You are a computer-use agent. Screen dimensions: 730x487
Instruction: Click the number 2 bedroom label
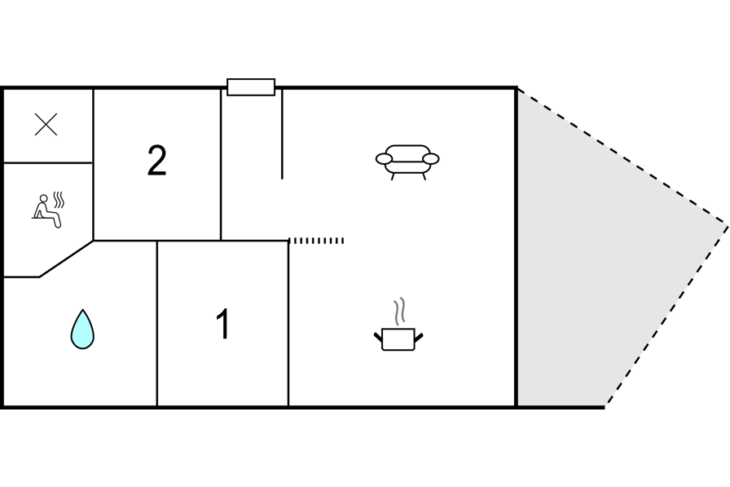tap(157, 161)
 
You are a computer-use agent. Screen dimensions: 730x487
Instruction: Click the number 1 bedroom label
tap(223, 324)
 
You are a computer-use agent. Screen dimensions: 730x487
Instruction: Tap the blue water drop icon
tap(82, 329)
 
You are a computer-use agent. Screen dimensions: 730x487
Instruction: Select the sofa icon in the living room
tap(407, 162)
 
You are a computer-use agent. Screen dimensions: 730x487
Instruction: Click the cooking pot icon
tap(398, 339)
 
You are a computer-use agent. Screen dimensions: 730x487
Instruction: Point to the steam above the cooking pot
tap(399, 312)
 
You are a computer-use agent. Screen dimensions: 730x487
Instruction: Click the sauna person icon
tap(46, 211)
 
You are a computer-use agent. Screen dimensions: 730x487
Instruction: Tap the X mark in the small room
tap(46, 125)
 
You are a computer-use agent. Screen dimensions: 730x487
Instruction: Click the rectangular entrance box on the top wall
tap(251, 87)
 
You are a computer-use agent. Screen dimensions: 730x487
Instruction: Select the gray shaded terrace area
tap(605, 242)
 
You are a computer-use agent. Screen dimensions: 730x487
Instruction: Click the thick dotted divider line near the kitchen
tap(316, 241)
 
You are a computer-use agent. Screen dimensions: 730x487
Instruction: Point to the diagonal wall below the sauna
tap(67, 259)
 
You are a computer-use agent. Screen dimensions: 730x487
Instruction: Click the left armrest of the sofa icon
tap(384, 159)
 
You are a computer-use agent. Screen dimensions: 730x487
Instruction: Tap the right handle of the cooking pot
tap(419, 337)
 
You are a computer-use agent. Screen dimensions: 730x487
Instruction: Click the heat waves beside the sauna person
tap(59, 200)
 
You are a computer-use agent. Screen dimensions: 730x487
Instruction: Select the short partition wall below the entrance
tap(282, 135)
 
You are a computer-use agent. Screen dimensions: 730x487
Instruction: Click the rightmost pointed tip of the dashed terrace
tap(728, 227)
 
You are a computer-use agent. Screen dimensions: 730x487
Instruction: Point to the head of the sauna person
tap(44, 198)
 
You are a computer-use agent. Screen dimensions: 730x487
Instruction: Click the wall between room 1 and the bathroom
tap(157, 323)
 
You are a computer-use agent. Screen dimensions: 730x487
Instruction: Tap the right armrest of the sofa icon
tap(431, 159)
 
